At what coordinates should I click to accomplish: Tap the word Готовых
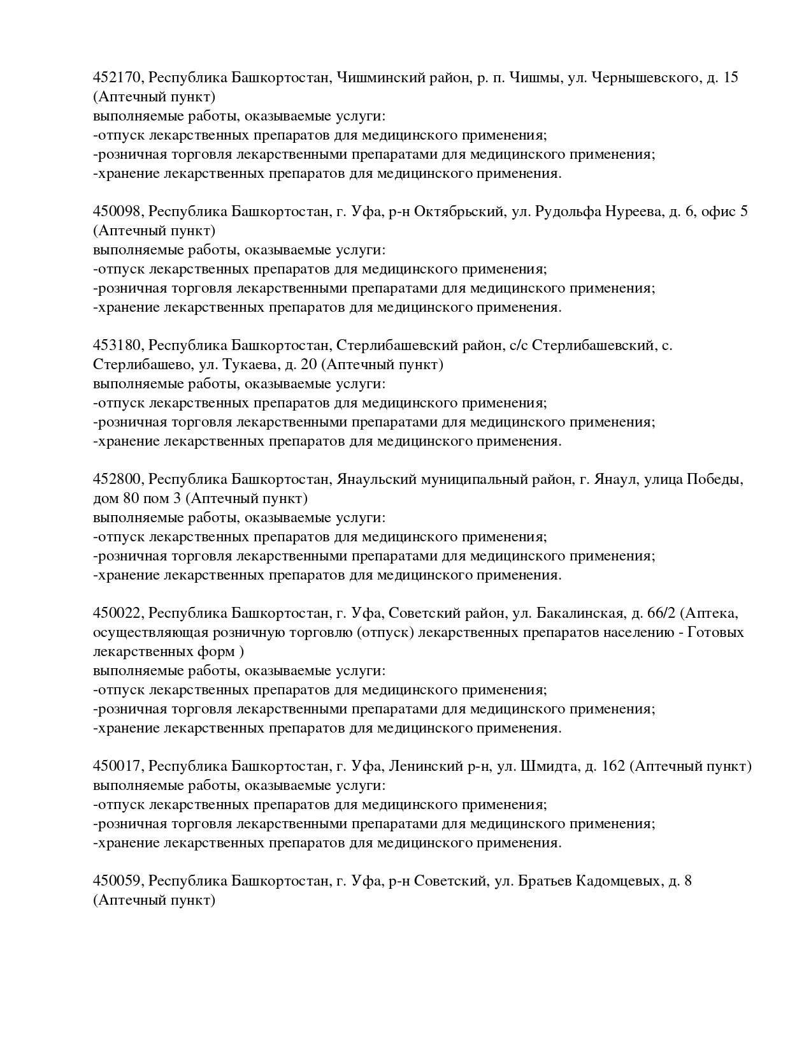click(x=716, y=633)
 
